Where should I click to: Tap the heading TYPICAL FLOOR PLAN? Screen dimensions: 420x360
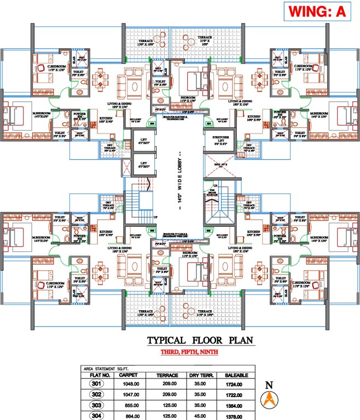(200, 341)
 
